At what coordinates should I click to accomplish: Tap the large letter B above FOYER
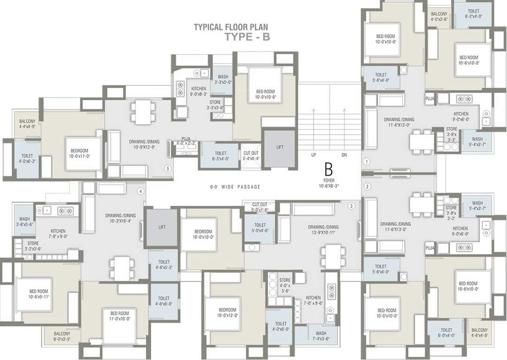tap(328, 170)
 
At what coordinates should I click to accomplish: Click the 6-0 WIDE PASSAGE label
tap(235, 187)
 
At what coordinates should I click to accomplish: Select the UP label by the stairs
tap(314, 154)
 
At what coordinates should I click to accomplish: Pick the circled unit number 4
tap(140, 191)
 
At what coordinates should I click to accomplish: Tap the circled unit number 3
tap(351, 205)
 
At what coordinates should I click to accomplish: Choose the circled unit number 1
tap(367, 161)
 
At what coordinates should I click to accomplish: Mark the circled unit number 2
tap(367, 187)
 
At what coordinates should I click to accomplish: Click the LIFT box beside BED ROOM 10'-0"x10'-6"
tap(280, 147)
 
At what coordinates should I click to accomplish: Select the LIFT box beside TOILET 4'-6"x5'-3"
tap(162, 227)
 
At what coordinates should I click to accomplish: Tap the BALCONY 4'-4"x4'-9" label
tap(28, 124)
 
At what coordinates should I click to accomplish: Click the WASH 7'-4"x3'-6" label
tap(318, 336)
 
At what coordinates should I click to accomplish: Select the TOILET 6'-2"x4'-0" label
tap(473, 14)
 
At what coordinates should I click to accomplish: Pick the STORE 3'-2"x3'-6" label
tap(33, 246)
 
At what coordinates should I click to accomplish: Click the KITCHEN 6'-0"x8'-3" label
tap(199, 91)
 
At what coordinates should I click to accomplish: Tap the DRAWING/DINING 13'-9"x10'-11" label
tap(324, 230)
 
